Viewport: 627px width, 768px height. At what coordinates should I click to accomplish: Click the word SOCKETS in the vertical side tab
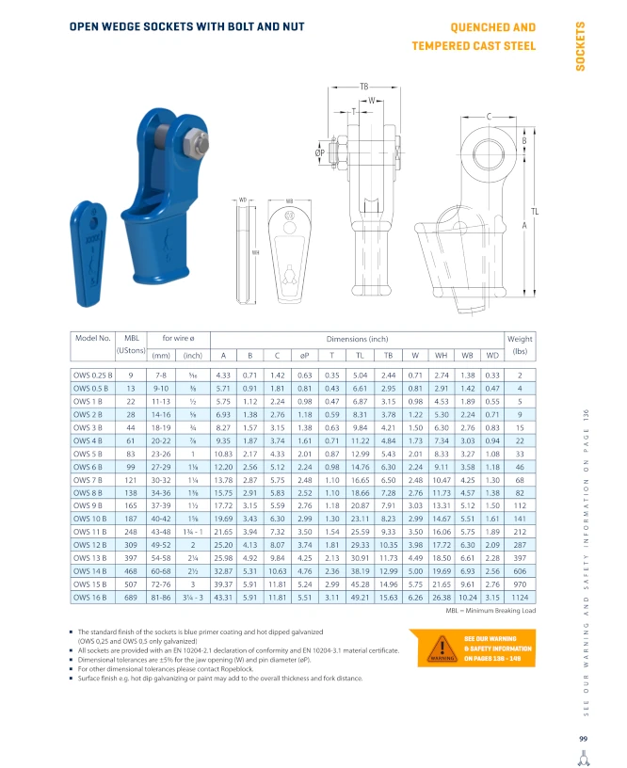pyautogui.click(x=581, y=46)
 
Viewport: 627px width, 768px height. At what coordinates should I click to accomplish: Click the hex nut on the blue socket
pyautogui.click(x=196, y=144)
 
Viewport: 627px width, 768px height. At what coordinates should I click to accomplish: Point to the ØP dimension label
pyautogui.click(x=320, y=152)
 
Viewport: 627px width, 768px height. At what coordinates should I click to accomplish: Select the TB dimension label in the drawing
pyautogui.click(x=364, y=87)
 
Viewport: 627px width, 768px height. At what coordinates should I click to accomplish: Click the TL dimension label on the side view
pyautogui.click(x=535, y=212)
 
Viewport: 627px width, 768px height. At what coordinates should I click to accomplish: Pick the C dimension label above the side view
pyautogui.click(x=489, y=117)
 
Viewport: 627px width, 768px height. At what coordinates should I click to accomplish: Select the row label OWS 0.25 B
pyautogui.click(x=92, y=376)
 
